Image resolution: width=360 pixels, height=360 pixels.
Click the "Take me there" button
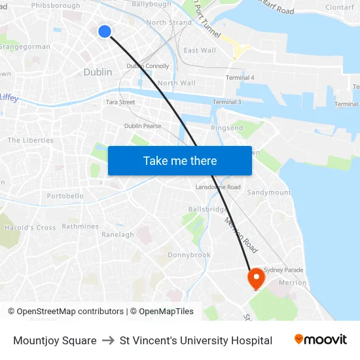pyautogui.click(x=180, y=160)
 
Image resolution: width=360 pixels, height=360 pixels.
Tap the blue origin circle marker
pyautogui.click(x=104, y=31)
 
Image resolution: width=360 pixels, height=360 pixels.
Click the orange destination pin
pyautogui.click(x=255, y=278)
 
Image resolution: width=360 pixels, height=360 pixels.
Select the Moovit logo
pyautogui.click(x=321, y=340)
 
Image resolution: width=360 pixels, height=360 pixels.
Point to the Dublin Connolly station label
pyautogui.click(x=148, y=66)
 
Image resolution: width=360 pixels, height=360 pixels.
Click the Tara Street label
pyautogui.click(x=120, y=102)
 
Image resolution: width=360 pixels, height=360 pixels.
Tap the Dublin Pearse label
pyautogui.click(x=143, y=126)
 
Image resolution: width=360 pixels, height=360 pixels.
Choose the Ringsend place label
pyautogui.click(x=226, y=128)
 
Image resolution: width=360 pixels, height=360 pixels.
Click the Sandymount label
pyautogui.click(x=268, y=192)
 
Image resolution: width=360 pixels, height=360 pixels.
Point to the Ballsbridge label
pyautogui.click(x=207, y=209)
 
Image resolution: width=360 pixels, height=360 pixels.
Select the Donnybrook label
pyautogui.click(x=189, y=255)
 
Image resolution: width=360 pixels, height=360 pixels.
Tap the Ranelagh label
pyautogui.click(x=118, y=234)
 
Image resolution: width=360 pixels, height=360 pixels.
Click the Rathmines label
pyautogui.click(x=81, y=226)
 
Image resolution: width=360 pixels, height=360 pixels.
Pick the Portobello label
pyautogui.click(x=65, y=196)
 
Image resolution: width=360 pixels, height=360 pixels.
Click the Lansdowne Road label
pyautogui.click(x=218, y=187)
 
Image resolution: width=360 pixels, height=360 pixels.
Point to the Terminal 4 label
pyautogui.click(x=240, y=78)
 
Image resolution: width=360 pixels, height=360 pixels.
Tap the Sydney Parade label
pyautogui.click(x=283, y=270)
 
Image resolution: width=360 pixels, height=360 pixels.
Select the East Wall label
pyautogui.click(x=200, y=50)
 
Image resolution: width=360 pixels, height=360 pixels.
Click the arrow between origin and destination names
pyautogui.click(x=108, y=340)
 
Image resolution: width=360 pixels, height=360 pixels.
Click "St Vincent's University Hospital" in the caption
pyautogui.click(x=196, y=340)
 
